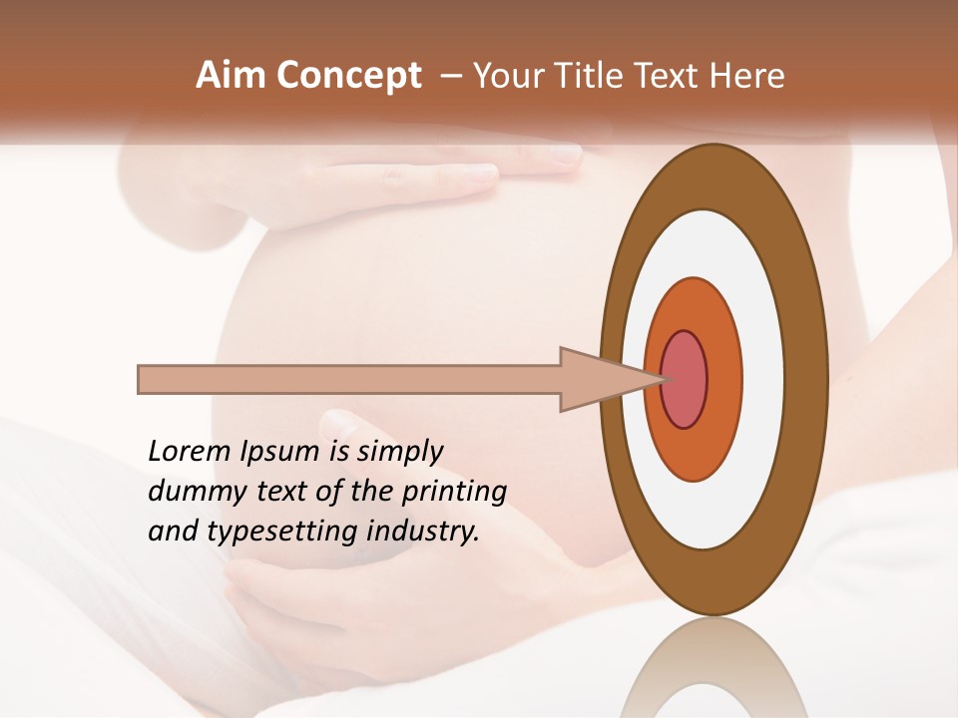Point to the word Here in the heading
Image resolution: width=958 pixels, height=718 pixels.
749,76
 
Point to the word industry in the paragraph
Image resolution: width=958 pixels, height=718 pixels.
423,532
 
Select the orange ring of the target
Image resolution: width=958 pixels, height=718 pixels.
722,379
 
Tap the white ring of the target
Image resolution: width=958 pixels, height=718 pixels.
762,379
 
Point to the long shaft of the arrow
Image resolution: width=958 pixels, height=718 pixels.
349,379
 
